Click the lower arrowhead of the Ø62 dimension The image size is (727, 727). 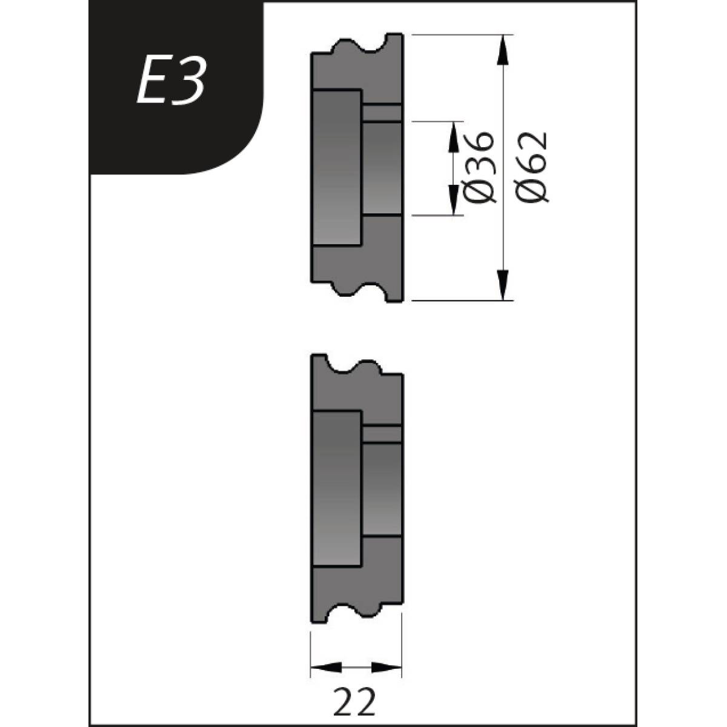[503, 285]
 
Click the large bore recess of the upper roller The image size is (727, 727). [337, 168]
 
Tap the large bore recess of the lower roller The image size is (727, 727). [337, 489]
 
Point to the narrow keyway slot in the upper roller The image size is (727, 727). [382, 113]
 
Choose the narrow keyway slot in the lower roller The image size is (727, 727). [382, 434]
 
